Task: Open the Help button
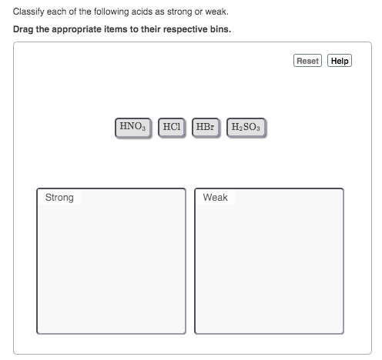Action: (x=340, y=61)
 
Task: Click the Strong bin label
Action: (x=59, y=198)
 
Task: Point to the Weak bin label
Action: (x=216, y=198)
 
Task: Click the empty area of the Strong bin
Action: (x=111, y=269)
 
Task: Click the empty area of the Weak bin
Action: (x=269, y=269)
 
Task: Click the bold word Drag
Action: (x=24, y=30)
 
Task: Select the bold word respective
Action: (x=186, y=30)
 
